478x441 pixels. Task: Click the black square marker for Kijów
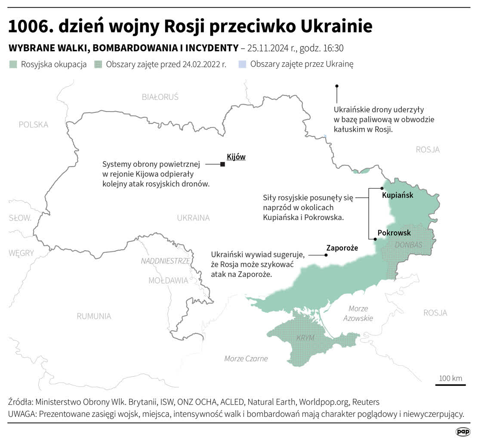(222, 164)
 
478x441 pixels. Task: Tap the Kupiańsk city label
(398, 195)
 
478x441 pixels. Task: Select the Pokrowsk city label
(394, 233)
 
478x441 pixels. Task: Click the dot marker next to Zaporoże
(326, 255)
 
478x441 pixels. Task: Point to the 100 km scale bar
(450, 385)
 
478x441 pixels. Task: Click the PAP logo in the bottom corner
(463, 432)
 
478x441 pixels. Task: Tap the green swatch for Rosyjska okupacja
(13, 65)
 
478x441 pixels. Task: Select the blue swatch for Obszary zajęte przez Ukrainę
(242, 65)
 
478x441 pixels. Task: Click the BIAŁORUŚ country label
(160, 97)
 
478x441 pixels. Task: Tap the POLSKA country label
(34, 124)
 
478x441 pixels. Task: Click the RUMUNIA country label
(94, 316)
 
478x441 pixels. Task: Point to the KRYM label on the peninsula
(305, 338)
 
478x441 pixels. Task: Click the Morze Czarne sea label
(246, 359)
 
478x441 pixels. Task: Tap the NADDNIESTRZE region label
(165, 261)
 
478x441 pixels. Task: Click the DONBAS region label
(408, 244)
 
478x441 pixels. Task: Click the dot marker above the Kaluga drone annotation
(337, 86)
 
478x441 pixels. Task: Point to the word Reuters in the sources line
(366, 402)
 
